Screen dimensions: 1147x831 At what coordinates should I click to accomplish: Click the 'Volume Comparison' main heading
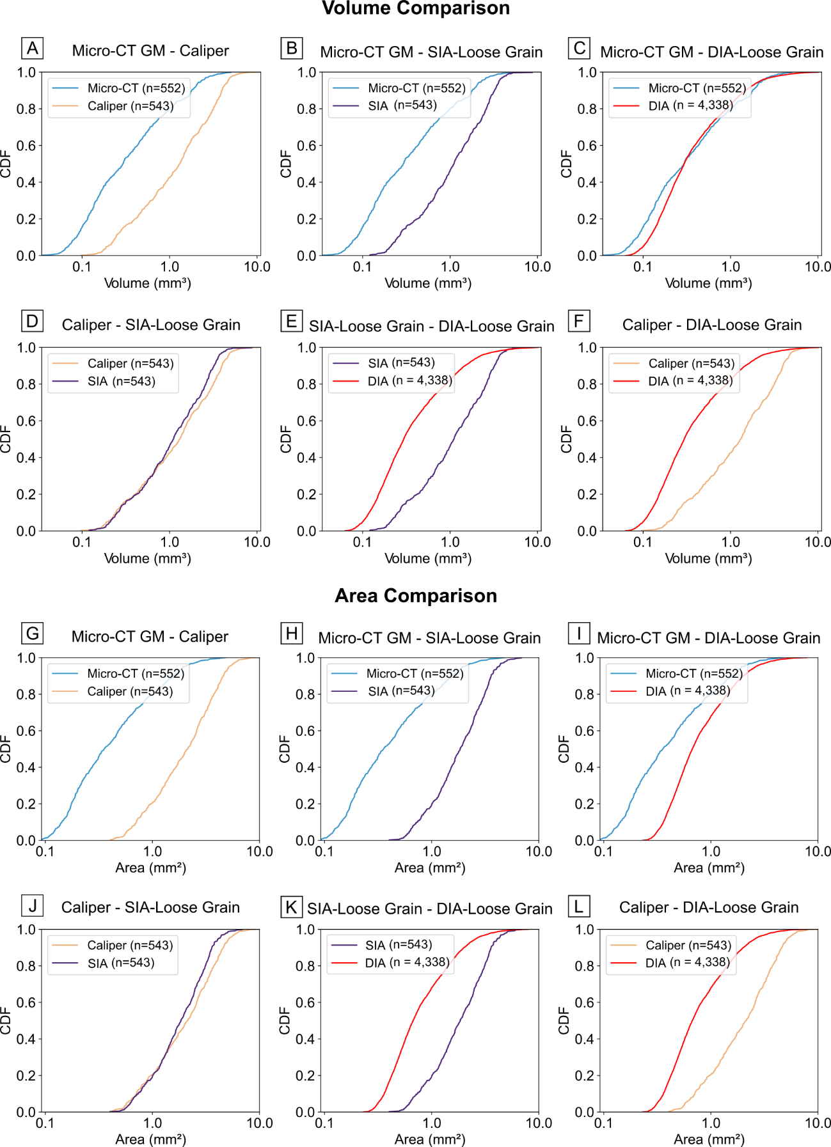click(416, 8)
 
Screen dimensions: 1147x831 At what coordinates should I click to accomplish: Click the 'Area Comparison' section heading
click(416, 595)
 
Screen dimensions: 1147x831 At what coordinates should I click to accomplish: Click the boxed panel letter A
click(32, 49)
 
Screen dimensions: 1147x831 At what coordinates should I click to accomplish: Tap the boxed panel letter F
click(579, 321)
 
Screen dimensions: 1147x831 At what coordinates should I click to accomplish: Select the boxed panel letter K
click(291, 907)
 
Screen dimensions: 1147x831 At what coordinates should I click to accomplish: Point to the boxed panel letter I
click(579, 634)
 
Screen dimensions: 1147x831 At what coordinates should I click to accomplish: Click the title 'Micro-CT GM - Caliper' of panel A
click(150, 51)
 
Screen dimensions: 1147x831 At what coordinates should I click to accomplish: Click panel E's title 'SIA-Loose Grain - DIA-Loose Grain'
click(431, 326)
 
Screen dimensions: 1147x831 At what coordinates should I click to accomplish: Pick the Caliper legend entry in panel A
click(130, 106)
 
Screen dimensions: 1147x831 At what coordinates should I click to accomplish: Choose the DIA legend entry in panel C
click(690, 106)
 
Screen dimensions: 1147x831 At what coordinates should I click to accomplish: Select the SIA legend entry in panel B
click(402, 105)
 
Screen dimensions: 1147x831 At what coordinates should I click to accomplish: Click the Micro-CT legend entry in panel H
click(414, 673)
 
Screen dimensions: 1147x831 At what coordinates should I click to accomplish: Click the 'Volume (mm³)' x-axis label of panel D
click(148, 558)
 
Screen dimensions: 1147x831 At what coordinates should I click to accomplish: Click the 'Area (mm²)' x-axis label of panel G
click(150, 868)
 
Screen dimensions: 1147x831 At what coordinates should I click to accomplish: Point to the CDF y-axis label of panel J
click(6, 1020)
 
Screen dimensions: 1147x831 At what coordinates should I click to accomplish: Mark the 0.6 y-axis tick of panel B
click(307, 146)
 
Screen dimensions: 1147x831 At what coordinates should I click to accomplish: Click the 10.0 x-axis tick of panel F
click(818, 542)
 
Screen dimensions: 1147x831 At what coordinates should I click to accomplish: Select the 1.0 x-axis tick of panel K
click(432, 1123)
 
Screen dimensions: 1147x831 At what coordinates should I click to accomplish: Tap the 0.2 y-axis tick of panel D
click(27, 494)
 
